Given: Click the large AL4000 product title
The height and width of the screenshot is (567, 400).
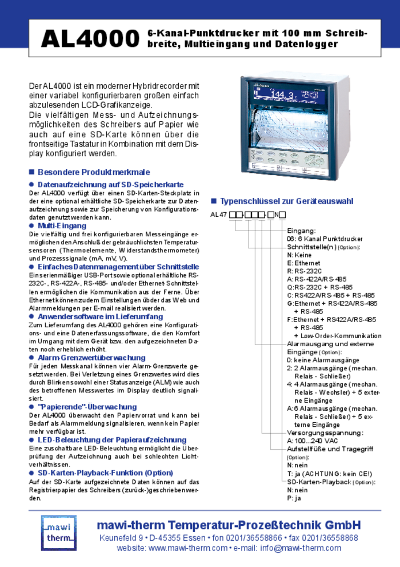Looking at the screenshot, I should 90,39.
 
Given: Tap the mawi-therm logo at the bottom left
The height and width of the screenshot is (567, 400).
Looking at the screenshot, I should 58,532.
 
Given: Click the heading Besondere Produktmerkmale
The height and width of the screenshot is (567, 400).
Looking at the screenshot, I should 93,172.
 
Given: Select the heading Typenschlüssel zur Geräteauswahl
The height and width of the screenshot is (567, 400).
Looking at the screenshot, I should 286,201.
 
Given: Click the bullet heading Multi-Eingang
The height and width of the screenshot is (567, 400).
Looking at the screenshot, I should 62,226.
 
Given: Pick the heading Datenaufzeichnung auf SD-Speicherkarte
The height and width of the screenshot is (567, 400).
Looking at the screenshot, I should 110,185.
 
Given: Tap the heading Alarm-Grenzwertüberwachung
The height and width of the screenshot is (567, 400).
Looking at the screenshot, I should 91,358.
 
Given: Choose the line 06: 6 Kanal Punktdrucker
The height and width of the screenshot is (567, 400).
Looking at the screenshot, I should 324,238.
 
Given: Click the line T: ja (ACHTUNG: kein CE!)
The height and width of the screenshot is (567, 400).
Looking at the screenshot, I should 329,474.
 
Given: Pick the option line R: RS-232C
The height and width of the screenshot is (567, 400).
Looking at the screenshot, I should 305,271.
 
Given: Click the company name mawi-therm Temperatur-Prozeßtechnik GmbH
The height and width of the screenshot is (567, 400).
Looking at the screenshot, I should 229,525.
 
